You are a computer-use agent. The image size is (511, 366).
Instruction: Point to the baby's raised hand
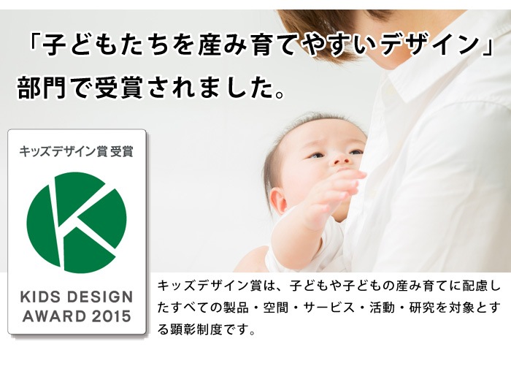click(x=343, y=186)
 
